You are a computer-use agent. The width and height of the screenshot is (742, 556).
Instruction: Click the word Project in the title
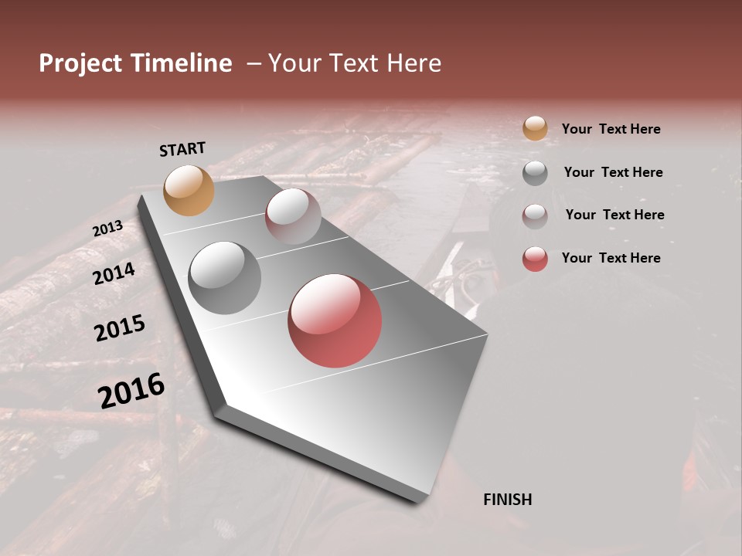(x=80, y=63)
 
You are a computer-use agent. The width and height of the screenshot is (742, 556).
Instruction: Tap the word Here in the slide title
(x=414, y=63)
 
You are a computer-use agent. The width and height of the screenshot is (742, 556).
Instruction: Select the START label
(x=182, y=148)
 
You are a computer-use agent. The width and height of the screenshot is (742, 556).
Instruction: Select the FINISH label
(x=507, y=500)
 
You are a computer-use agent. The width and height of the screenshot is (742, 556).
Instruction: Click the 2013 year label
(x=107, y=229)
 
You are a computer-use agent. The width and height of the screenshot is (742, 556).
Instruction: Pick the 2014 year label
(x=114, y=273)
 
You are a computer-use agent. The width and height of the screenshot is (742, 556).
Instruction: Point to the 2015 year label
(x=120, y=328)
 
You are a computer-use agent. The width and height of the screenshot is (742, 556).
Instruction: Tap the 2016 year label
(x=131, y=390)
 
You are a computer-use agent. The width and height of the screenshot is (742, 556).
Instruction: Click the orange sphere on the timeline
(x=189, y=190)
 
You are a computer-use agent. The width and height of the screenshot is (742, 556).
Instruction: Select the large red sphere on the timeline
(x=335, y=320)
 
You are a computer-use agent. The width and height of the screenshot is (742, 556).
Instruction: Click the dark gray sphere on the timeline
(x=224, y=278)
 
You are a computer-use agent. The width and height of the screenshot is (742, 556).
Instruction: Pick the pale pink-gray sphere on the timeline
(x=293, y=216)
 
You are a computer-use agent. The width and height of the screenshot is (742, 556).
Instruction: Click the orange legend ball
(x=535, y=128)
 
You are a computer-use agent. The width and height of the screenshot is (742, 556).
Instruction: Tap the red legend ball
(x=535, y=259)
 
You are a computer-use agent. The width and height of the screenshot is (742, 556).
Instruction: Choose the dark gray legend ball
(x=535, y=173)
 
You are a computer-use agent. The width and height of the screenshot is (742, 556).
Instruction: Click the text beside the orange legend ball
(x=611, y=129)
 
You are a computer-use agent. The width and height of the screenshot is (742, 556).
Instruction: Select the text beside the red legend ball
(x=611, y=258)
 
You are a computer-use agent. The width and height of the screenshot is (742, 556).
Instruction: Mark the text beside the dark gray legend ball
(x=613, y=172)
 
